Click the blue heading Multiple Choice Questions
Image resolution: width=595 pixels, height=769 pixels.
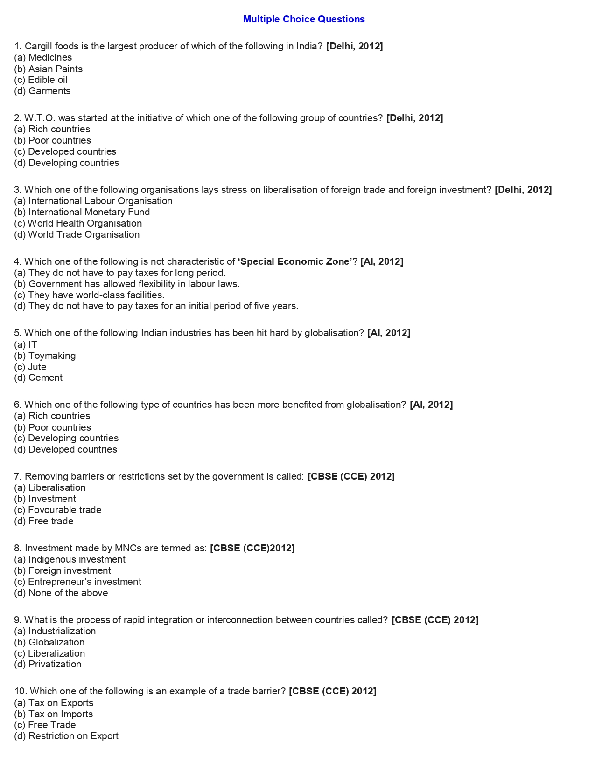tap(304, 19)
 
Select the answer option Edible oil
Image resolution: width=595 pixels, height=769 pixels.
tap(41, 80)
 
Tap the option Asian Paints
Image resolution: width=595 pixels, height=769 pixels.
tap(49, 69)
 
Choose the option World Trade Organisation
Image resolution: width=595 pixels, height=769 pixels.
tap(77, 234)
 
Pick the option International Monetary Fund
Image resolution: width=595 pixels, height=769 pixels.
tap(82, 212)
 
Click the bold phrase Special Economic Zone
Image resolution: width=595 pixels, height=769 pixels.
tap(295, 261)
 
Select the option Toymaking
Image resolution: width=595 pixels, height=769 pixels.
tap(45, 356)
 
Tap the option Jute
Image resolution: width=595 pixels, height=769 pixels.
tap(30, 367)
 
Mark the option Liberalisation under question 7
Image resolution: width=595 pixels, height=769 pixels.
tap(50, 487)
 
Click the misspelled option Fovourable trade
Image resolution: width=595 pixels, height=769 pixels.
tap(58, 510)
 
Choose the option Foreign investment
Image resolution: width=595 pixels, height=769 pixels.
tap(63, 570)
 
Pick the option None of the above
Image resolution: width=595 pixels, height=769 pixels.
tap(61, 593)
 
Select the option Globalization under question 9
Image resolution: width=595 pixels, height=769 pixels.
tap(49, 642)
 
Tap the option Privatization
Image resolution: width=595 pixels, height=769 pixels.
tap(48, 664)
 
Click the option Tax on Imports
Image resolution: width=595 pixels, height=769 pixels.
tap(54, 714)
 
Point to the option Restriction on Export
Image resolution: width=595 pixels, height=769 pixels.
tap(66, 736)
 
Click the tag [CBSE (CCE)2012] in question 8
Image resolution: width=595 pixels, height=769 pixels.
tap(252, 548)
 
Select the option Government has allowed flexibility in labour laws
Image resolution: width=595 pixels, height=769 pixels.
tap(127, 284)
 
